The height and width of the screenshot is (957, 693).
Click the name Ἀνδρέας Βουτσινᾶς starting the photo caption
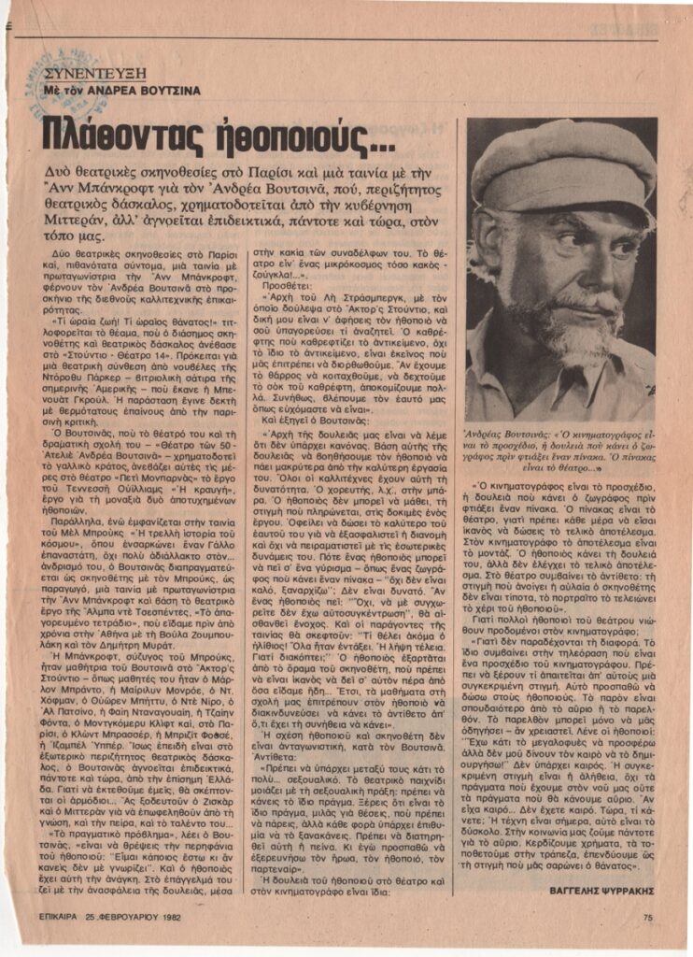[x=512, y=433]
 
